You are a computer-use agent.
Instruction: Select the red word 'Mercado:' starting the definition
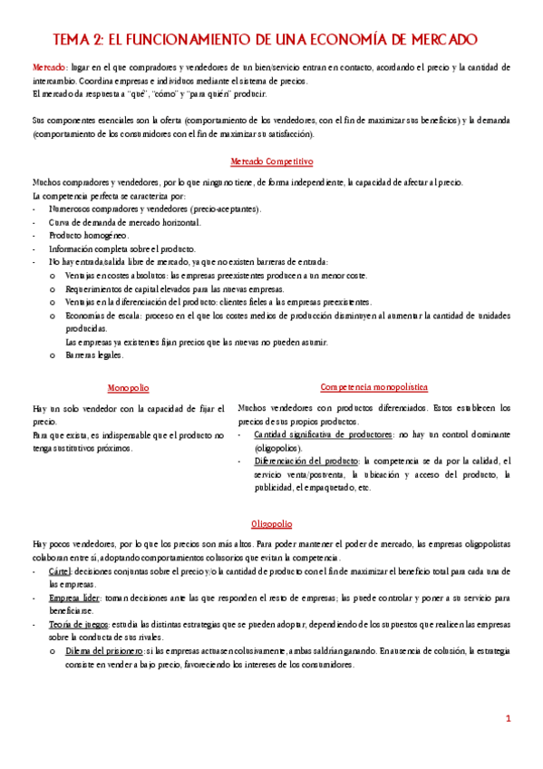pyautogui.click(x=49, y=68)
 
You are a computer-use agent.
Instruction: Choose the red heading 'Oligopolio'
pyautogui.click(x=272, y=523)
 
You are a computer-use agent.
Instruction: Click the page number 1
pyautogui.click(x=509, y=718)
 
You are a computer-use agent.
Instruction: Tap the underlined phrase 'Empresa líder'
pyautogui.click(x=76, y=598)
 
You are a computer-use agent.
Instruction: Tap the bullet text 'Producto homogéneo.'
pyautogui.click(x=89, y=235)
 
